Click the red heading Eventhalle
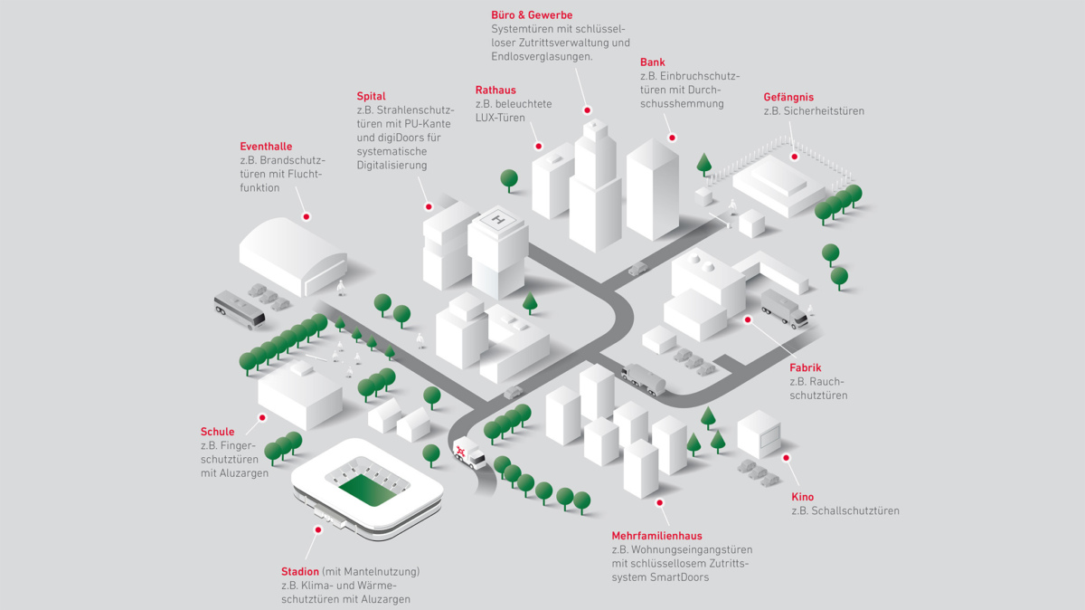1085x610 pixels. [x=266, y=147]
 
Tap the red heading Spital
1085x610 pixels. [x=371, y=96]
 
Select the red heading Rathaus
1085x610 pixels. [x=495, y=90]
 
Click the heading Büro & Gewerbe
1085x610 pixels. [x=532, y=15]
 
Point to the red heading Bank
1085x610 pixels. [x=652, y=62]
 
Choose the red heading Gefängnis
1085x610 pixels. [x=788, y=97]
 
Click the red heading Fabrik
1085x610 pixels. [x=805, y=368]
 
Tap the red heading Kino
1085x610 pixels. [x=802, y=497]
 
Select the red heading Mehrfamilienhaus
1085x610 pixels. [x=656, y=536]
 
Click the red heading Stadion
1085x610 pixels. [x=300, y=572]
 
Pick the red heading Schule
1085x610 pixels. [x=217, y=432]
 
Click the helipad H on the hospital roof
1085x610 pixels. [x=498, y=220]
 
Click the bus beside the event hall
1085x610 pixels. [x=239, y=309]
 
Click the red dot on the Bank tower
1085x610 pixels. [x=672, y=138]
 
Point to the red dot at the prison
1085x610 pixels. [x=795, y=157]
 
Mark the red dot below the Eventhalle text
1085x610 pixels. [x=307, y=217]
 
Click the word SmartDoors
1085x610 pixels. [x=677, y=577]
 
